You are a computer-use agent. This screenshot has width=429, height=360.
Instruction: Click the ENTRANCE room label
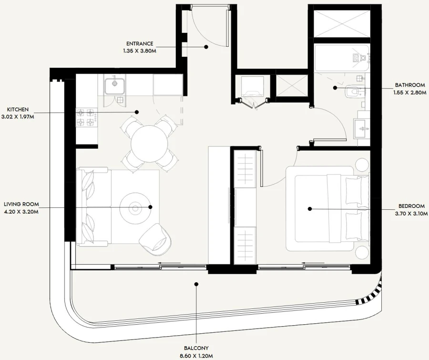click(x=140, y=43)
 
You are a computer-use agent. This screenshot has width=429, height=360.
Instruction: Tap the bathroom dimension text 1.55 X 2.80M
click(x=409, y=93)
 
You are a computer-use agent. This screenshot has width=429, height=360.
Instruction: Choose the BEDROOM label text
click(x=411, y=206)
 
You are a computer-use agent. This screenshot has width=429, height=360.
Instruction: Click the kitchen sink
click(x=114, y=86)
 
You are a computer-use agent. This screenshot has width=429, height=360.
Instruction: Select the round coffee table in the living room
click(x=135, y=207)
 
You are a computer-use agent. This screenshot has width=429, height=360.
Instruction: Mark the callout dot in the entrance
click(x=206, y=47)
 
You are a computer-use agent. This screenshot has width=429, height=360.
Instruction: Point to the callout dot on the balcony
click(x=195, y=284)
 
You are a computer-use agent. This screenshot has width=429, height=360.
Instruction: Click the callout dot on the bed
click(x=309, y=208)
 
